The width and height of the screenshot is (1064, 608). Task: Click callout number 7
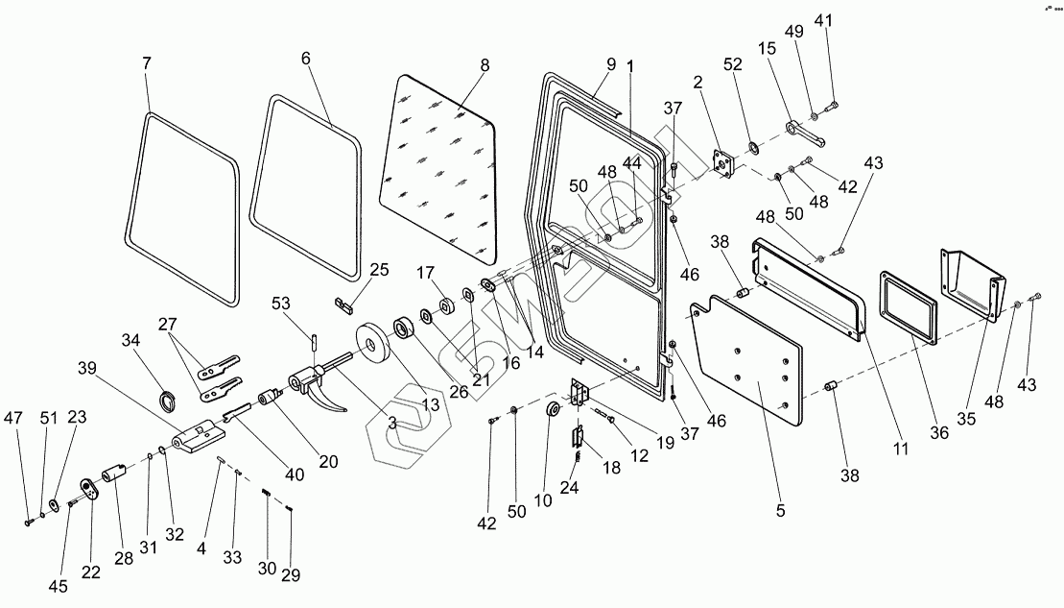[146, 63]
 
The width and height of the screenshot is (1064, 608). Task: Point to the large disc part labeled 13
[370, 344]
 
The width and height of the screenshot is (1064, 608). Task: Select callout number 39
[87, 370]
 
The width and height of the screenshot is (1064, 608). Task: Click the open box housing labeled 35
[971, 280]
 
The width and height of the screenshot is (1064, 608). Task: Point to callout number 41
[825, 20]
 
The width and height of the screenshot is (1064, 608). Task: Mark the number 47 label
[12, 418]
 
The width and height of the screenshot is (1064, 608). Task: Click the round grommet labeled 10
[554, 411]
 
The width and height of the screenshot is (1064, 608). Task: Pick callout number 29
[290, 575]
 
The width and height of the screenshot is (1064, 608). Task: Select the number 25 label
[379, 270]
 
